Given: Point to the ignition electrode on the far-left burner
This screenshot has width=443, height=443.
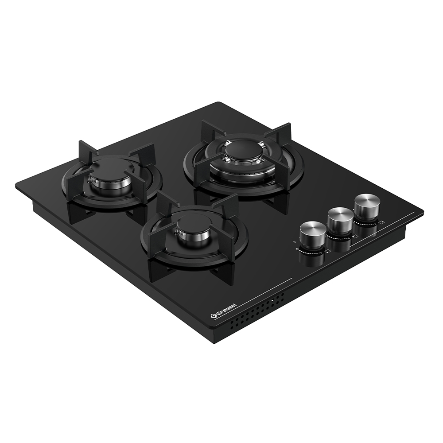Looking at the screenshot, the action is coord(90,179).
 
